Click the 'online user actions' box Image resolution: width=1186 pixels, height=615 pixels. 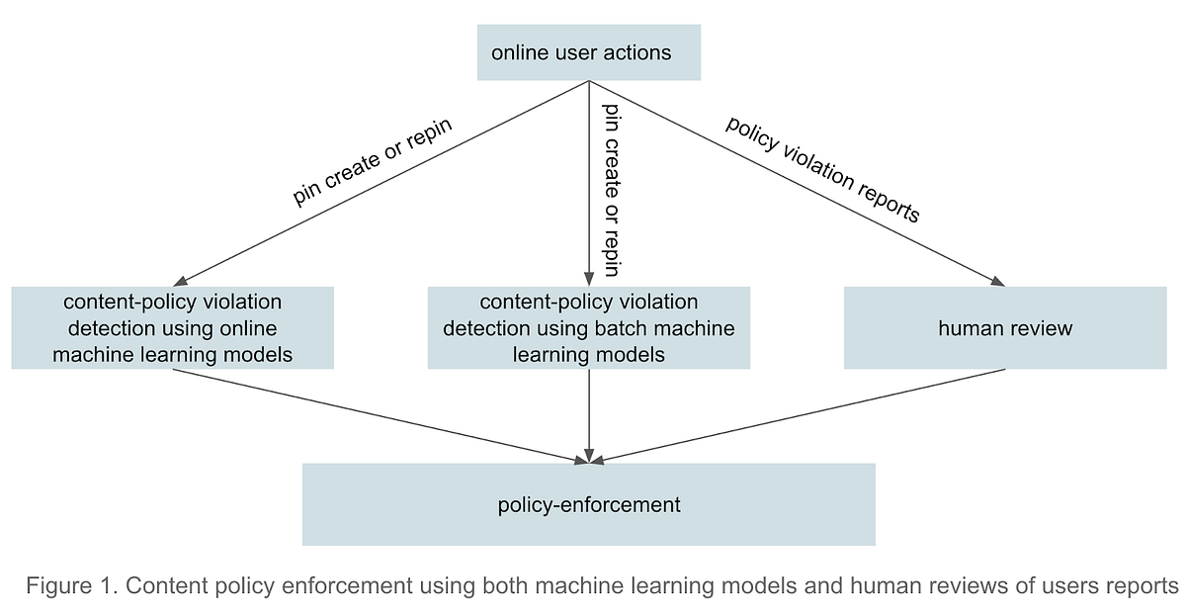tap(588, 52)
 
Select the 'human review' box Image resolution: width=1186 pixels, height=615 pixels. tap(1004, 328)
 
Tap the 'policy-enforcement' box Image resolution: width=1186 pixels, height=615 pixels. tap(588, 504)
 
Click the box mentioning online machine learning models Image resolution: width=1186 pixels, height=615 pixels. tap(172, 328)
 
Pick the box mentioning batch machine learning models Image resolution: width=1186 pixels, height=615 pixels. tap(588, 328)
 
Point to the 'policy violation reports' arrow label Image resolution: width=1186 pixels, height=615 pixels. tap(822, 169)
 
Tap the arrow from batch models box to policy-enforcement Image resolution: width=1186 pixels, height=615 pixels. tap(589, 415)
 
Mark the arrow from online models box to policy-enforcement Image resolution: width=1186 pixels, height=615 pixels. tap(376, 414)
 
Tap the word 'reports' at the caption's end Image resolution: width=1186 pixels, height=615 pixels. tap(1141, 585)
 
